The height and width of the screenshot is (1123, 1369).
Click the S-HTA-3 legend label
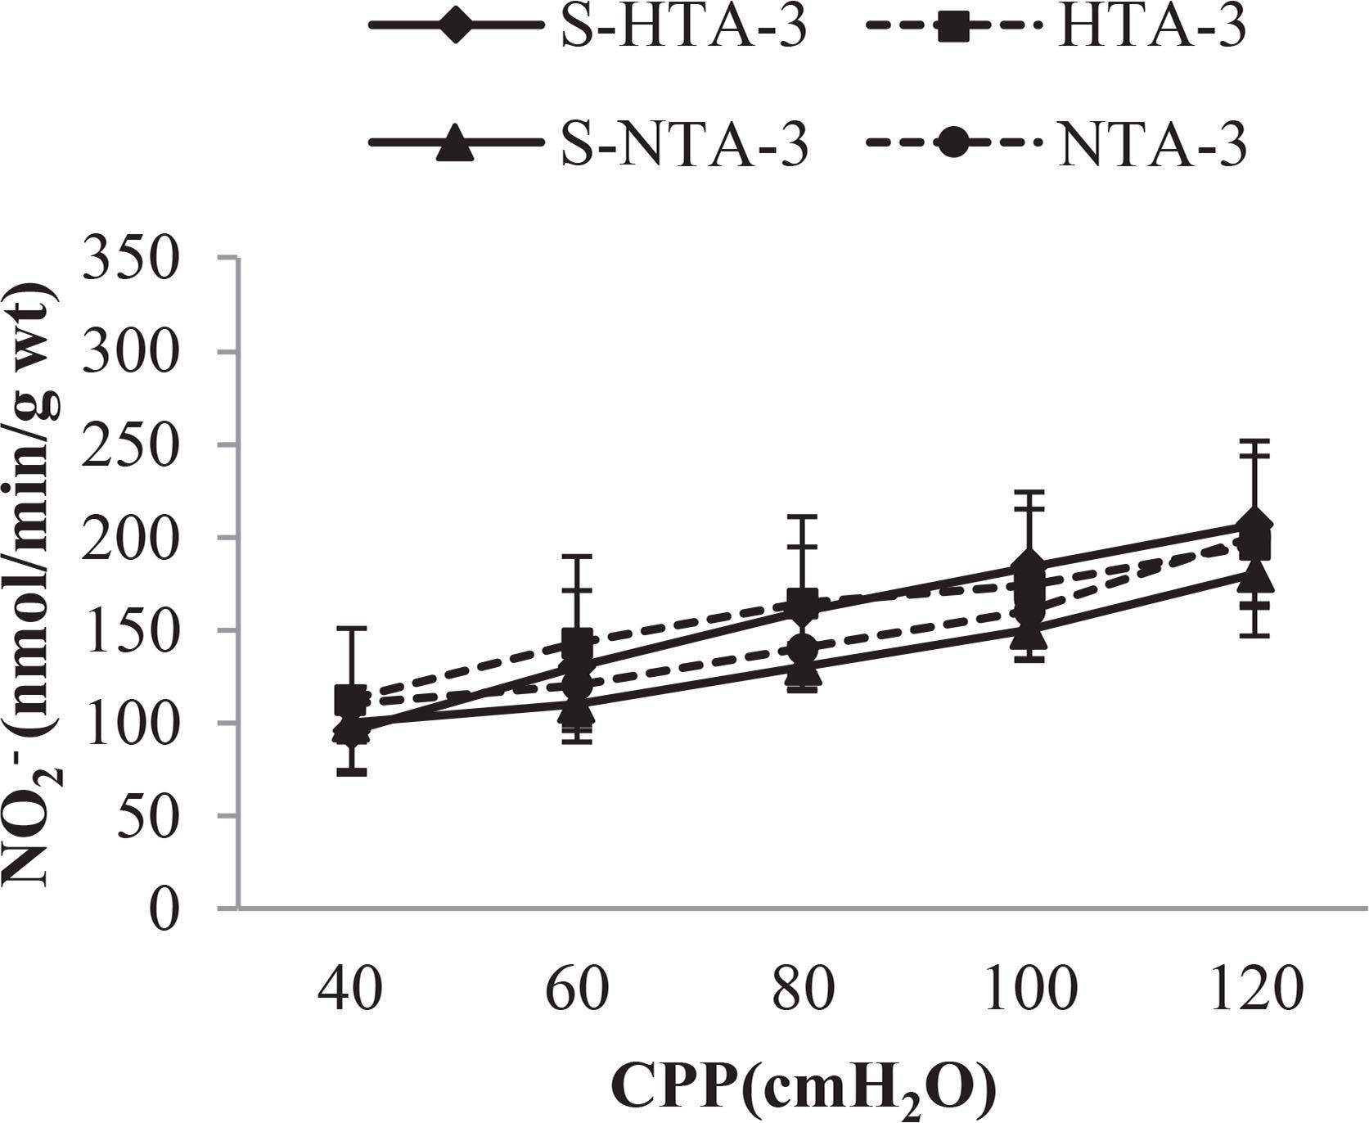pos(684,29)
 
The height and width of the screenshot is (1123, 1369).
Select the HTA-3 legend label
pos(1151,29)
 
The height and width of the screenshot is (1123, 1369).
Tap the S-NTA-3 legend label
pos(684,146)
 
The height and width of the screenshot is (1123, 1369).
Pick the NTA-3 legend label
pos(1151,146)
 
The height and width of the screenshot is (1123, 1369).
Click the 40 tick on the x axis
pos(350,990)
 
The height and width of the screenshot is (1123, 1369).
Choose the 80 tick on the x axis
pos(803,990)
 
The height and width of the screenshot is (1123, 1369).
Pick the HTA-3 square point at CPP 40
pos(351,700)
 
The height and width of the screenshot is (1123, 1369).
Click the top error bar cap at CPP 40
pos(351,629)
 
